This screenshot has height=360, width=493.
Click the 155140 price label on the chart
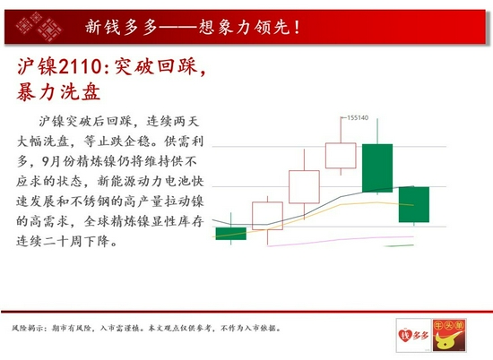pos(358,118)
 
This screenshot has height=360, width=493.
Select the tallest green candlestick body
pos(377,168)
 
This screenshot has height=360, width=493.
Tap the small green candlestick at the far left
pos(231,234)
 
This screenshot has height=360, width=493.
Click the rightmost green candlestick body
pos(414,204)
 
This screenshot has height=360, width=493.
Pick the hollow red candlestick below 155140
pos(341,156)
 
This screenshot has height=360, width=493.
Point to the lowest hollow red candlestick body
pos(268,216)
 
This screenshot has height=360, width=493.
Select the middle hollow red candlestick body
pos(304,187)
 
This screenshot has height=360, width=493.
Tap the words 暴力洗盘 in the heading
pos(58,92)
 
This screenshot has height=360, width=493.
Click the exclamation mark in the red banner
pos(297,27)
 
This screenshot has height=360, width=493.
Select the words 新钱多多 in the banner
pos(121,27)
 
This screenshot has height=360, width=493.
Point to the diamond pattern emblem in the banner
pos(39,27)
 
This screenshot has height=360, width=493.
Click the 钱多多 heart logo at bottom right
pos(413,335)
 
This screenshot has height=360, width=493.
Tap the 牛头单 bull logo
pos(449,335)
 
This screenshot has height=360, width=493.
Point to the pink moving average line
pos(341,240)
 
